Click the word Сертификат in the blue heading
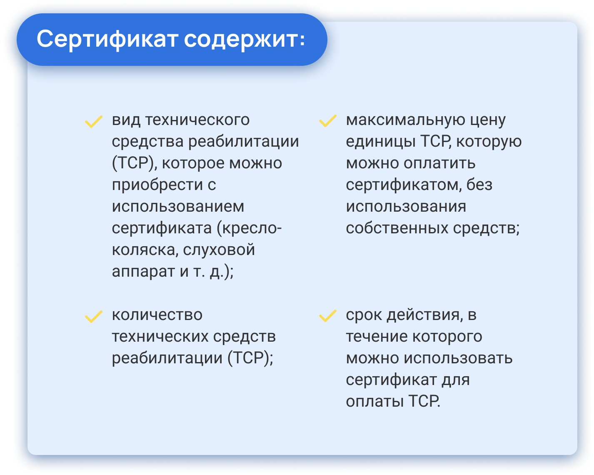(107, 40)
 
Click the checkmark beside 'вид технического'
(94, 122)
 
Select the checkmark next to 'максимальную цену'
(328, 121)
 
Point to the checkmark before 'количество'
(94, 317)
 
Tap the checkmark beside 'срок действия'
(328, 316)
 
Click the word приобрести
(157, 185)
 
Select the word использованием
(178, 207)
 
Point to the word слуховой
(219, 250)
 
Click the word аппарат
(144, 272)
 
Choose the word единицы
(381, 142)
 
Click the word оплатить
(439, 163)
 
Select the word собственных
(397, 228)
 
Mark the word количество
(157, 315)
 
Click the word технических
(160, 337)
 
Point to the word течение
(378, 337)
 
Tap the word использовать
(458, 358)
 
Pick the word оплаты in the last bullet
(374, 402)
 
